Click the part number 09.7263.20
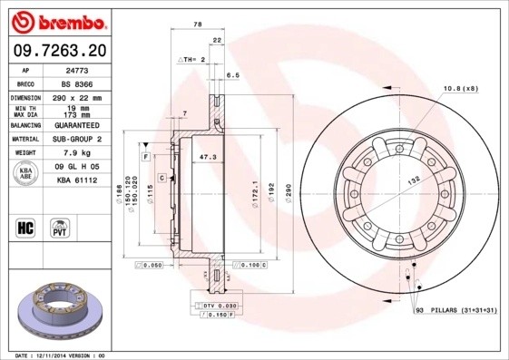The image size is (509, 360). point(58,50)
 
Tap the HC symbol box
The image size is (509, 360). point(25,227)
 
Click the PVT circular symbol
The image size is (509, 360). point(61,227)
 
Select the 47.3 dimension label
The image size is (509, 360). point(207,157)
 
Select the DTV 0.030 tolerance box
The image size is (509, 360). point(220,306)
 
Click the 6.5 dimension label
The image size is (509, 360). point(232,75)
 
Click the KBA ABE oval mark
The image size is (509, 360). point(27,173)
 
